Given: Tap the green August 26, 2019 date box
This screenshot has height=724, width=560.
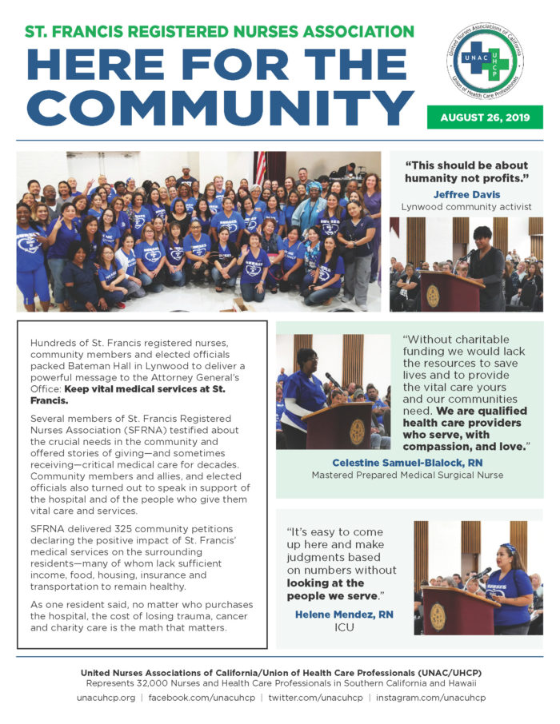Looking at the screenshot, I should click(485, 117).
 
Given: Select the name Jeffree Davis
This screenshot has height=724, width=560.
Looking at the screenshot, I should click(466, 193).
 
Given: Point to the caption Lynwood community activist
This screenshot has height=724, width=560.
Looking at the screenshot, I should click(466, 207).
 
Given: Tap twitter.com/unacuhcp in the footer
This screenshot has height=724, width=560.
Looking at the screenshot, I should click(315, 698).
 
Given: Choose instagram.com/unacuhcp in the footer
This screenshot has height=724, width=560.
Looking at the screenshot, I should click(430, 698).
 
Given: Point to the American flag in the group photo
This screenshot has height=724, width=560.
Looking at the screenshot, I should click(258, 167).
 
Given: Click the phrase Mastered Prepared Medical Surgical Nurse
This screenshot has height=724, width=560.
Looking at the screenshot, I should click(408, 475).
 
